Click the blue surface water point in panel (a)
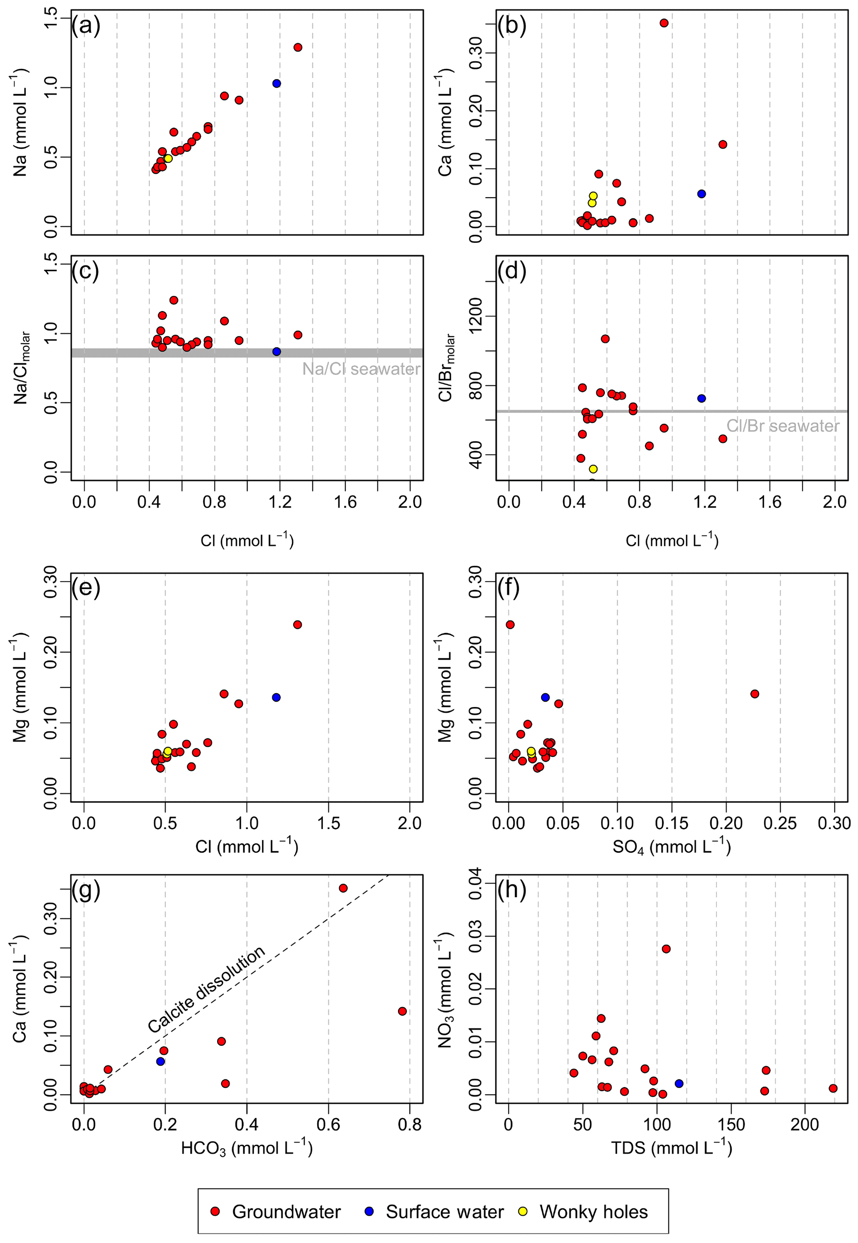click(x=276, y=83)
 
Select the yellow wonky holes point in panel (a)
click(x=168, y=158)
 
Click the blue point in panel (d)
click(x=701, y=399)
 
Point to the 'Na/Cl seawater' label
click(x=361, y=369)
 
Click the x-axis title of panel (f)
click(x=672, y=847)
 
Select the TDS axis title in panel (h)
click(x=672, y=1148)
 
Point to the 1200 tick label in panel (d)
click(x=476, y=316)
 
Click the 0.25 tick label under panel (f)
click(x=780, y=823)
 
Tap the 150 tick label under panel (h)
click(x=731, y=1124)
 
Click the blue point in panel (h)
click(x=679, y=1083)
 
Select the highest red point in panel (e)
click(x=297, y=624)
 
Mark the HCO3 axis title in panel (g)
click(x=247, y=1148)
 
